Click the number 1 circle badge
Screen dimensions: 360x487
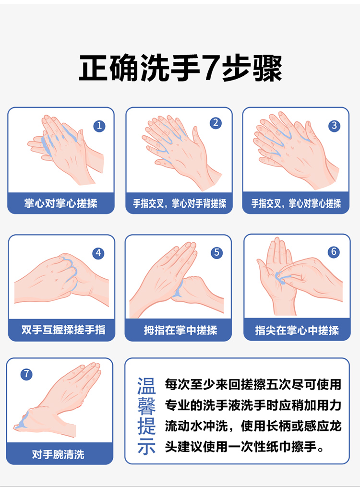(99, 126)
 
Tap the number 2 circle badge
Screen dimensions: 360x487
(216, 123)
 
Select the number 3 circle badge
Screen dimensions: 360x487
(334, 126)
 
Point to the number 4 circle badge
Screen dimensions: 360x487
(98, 253)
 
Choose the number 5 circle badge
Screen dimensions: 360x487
(216, 252)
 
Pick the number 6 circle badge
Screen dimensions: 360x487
(334, 251)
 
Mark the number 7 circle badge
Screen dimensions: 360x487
(26, 374)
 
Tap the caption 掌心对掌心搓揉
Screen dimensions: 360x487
(61, 203)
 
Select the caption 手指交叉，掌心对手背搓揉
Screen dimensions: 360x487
(180, 203)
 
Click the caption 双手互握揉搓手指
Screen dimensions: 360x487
(63, 330)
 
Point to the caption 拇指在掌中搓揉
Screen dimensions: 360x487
(180, 330)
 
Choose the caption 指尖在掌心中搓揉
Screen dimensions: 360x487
(297, 330)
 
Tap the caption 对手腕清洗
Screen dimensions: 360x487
(58, 454)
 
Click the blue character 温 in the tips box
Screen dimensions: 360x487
(146, 386)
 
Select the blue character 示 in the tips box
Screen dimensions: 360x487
(146, 446)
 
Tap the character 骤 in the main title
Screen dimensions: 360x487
(268, 68)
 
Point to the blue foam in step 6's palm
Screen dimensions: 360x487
(280, 278)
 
